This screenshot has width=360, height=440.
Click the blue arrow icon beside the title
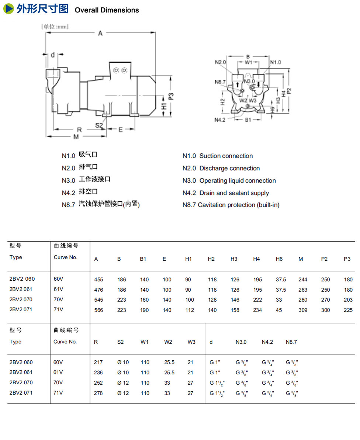9,9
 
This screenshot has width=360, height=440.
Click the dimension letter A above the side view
100,34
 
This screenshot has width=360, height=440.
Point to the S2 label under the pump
99,125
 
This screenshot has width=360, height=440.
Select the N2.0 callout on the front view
220,62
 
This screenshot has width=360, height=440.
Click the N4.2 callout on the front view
220,120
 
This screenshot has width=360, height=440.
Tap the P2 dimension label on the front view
289,90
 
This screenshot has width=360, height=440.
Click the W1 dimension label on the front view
249,62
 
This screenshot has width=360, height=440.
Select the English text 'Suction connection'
226,156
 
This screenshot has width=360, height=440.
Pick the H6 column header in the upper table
279,259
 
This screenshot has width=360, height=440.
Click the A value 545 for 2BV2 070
99,300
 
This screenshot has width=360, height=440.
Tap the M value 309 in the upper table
303,310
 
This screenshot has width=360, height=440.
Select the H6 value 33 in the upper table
279,300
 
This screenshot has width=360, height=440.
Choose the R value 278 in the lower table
98,393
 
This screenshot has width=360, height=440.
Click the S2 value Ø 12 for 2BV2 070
123,383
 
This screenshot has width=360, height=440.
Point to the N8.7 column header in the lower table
291,342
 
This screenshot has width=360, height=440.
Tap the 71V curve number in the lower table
58,393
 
